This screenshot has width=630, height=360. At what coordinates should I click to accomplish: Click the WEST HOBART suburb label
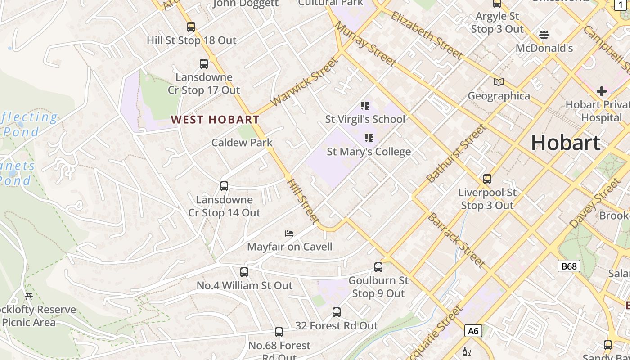click(215, 120)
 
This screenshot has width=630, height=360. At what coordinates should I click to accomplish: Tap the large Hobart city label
click(566, 143)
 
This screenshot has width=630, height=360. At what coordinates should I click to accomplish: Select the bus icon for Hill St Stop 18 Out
click(191, 27)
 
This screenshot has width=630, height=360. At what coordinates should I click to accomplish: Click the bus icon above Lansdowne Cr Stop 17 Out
click(204, 64)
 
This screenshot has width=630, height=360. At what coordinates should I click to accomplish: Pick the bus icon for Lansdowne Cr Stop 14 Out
click(224, 186)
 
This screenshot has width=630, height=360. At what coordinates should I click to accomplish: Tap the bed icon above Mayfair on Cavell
click(289, 234)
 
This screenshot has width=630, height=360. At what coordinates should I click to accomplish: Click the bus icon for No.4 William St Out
click(244, 272)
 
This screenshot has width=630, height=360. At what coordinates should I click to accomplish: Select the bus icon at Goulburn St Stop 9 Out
click(378, 267)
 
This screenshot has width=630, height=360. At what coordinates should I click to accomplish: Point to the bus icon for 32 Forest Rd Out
click(336, 312)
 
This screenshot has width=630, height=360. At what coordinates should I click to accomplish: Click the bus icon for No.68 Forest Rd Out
click(279, 333)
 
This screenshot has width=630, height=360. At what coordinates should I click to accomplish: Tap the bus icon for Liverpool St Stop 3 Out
click(487, 179)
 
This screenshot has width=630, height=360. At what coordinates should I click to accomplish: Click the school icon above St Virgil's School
click(365, 106)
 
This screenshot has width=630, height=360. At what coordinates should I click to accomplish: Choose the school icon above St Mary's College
click(369, 138)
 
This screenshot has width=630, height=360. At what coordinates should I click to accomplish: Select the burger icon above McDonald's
click(544, 35)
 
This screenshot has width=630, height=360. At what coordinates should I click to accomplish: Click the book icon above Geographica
click(499, 82)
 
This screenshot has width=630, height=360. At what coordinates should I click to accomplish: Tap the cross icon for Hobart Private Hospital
click(601, 91)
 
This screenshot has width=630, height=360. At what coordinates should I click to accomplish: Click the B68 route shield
click(569, 266)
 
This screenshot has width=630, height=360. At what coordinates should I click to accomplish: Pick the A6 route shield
click(473, 331)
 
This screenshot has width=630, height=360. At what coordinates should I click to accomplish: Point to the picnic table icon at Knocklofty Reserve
click(29, 297)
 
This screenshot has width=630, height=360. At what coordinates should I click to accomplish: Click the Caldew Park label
click(242, 143)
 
